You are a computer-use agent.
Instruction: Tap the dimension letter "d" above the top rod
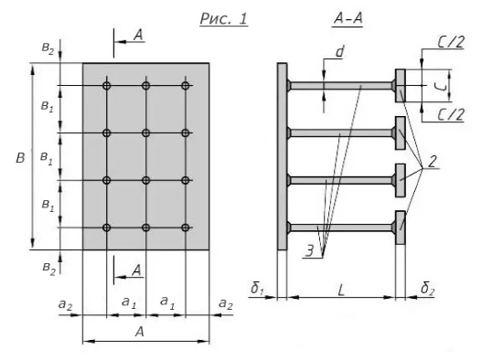click(x=339, y=53)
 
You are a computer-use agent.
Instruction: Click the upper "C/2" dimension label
click(x=449, y=42)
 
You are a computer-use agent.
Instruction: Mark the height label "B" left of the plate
click(x=19, y=158)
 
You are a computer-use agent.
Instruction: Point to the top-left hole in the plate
click(x=107, y=86)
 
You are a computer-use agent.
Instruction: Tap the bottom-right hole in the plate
click(x=186, y=228)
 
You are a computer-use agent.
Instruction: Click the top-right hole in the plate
click(x=186, y=86)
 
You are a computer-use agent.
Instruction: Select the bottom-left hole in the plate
click(x=107, y=228)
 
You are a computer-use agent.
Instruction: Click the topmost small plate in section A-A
click(x=400, y=86)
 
